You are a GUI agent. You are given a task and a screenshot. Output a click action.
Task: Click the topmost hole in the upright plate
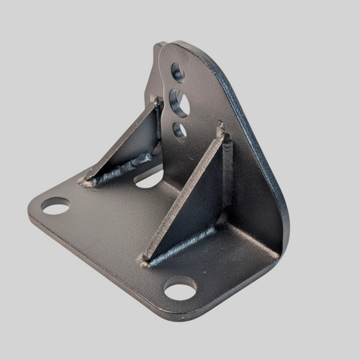pyautogui.click(x=178, y=71)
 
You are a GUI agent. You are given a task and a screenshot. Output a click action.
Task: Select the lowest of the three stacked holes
pyautogui.click(x=180, y=131)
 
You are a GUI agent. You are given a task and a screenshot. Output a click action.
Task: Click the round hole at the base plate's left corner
pyautogui.click(x=55, y=205)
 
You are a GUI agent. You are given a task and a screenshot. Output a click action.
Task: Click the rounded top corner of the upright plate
pyautogui.click(x=179, y=46)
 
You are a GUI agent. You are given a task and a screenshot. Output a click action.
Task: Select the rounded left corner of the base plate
pyautogui.click(x=34, y=206)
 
